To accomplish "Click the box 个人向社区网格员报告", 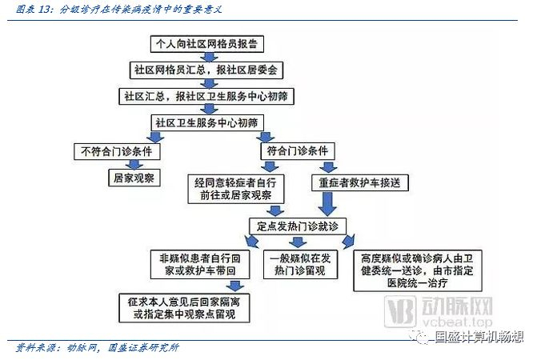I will [x=210, y=43].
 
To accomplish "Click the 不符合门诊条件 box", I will [x=118, y=150].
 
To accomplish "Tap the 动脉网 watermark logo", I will [x=449, y=313].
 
